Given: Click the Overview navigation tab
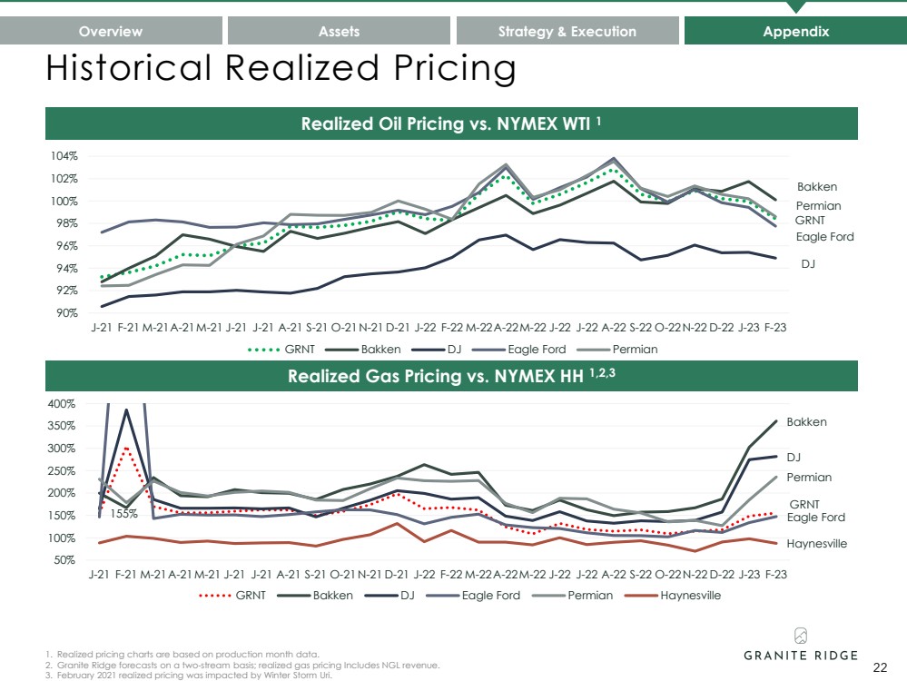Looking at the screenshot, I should click(x=111, y=31).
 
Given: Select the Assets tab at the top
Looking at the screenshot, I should click(x=339, y=31).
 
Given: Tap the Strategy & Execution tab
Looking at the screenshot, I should click(x=567, y=31).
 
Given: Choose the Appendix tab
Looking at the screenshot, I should click(x=795, y=31).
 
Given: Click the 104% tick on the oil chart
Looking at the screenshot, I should click(x=66, y=156).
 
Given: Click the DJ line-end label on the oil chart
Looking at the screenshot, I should click(x=807, y=263).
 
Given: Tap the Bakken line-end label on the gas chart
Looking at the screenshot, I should click(x=806, y=422).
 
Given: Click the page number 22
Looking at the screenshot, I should click(x=879, y=667).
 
